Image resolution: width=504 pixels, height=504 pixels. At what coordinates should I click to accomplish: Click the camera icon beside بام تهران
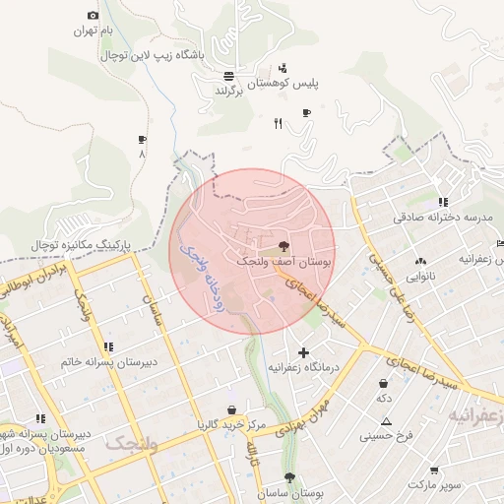point(93,15)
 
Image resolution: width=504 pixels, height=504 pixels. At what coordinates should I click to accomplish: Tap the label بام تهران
point(94,31)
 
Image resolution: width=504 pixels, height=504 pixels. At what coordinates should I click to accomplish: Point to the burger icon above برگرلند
point(228,76)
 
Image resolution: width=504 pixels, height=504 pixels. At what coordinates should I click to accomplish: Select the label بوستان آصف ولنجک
point(285,263)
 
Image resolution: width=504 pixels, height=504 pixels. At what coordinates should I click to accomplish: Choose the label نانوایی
point(420,278)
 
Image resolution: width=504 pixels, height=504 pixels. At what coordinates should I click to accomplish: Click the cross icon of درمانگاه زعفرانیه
point(303,352)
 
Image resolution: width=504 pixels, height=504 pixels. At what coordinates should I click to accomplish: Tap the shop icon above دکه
point(382,383)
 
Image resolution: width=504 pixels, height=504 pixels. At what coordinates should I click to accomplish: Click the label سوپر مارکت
point(436,486)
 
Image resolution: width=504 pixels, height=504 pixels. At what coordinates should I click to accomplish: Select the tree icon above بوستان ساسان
point(288,477)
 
